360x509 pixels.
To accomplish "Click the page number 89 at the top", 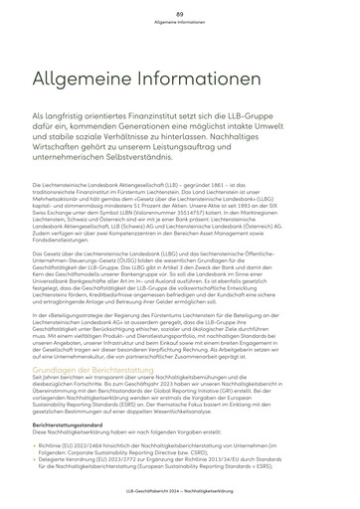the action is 180,11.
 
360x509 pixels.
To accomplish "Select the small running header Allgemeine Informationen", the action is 180,20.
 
